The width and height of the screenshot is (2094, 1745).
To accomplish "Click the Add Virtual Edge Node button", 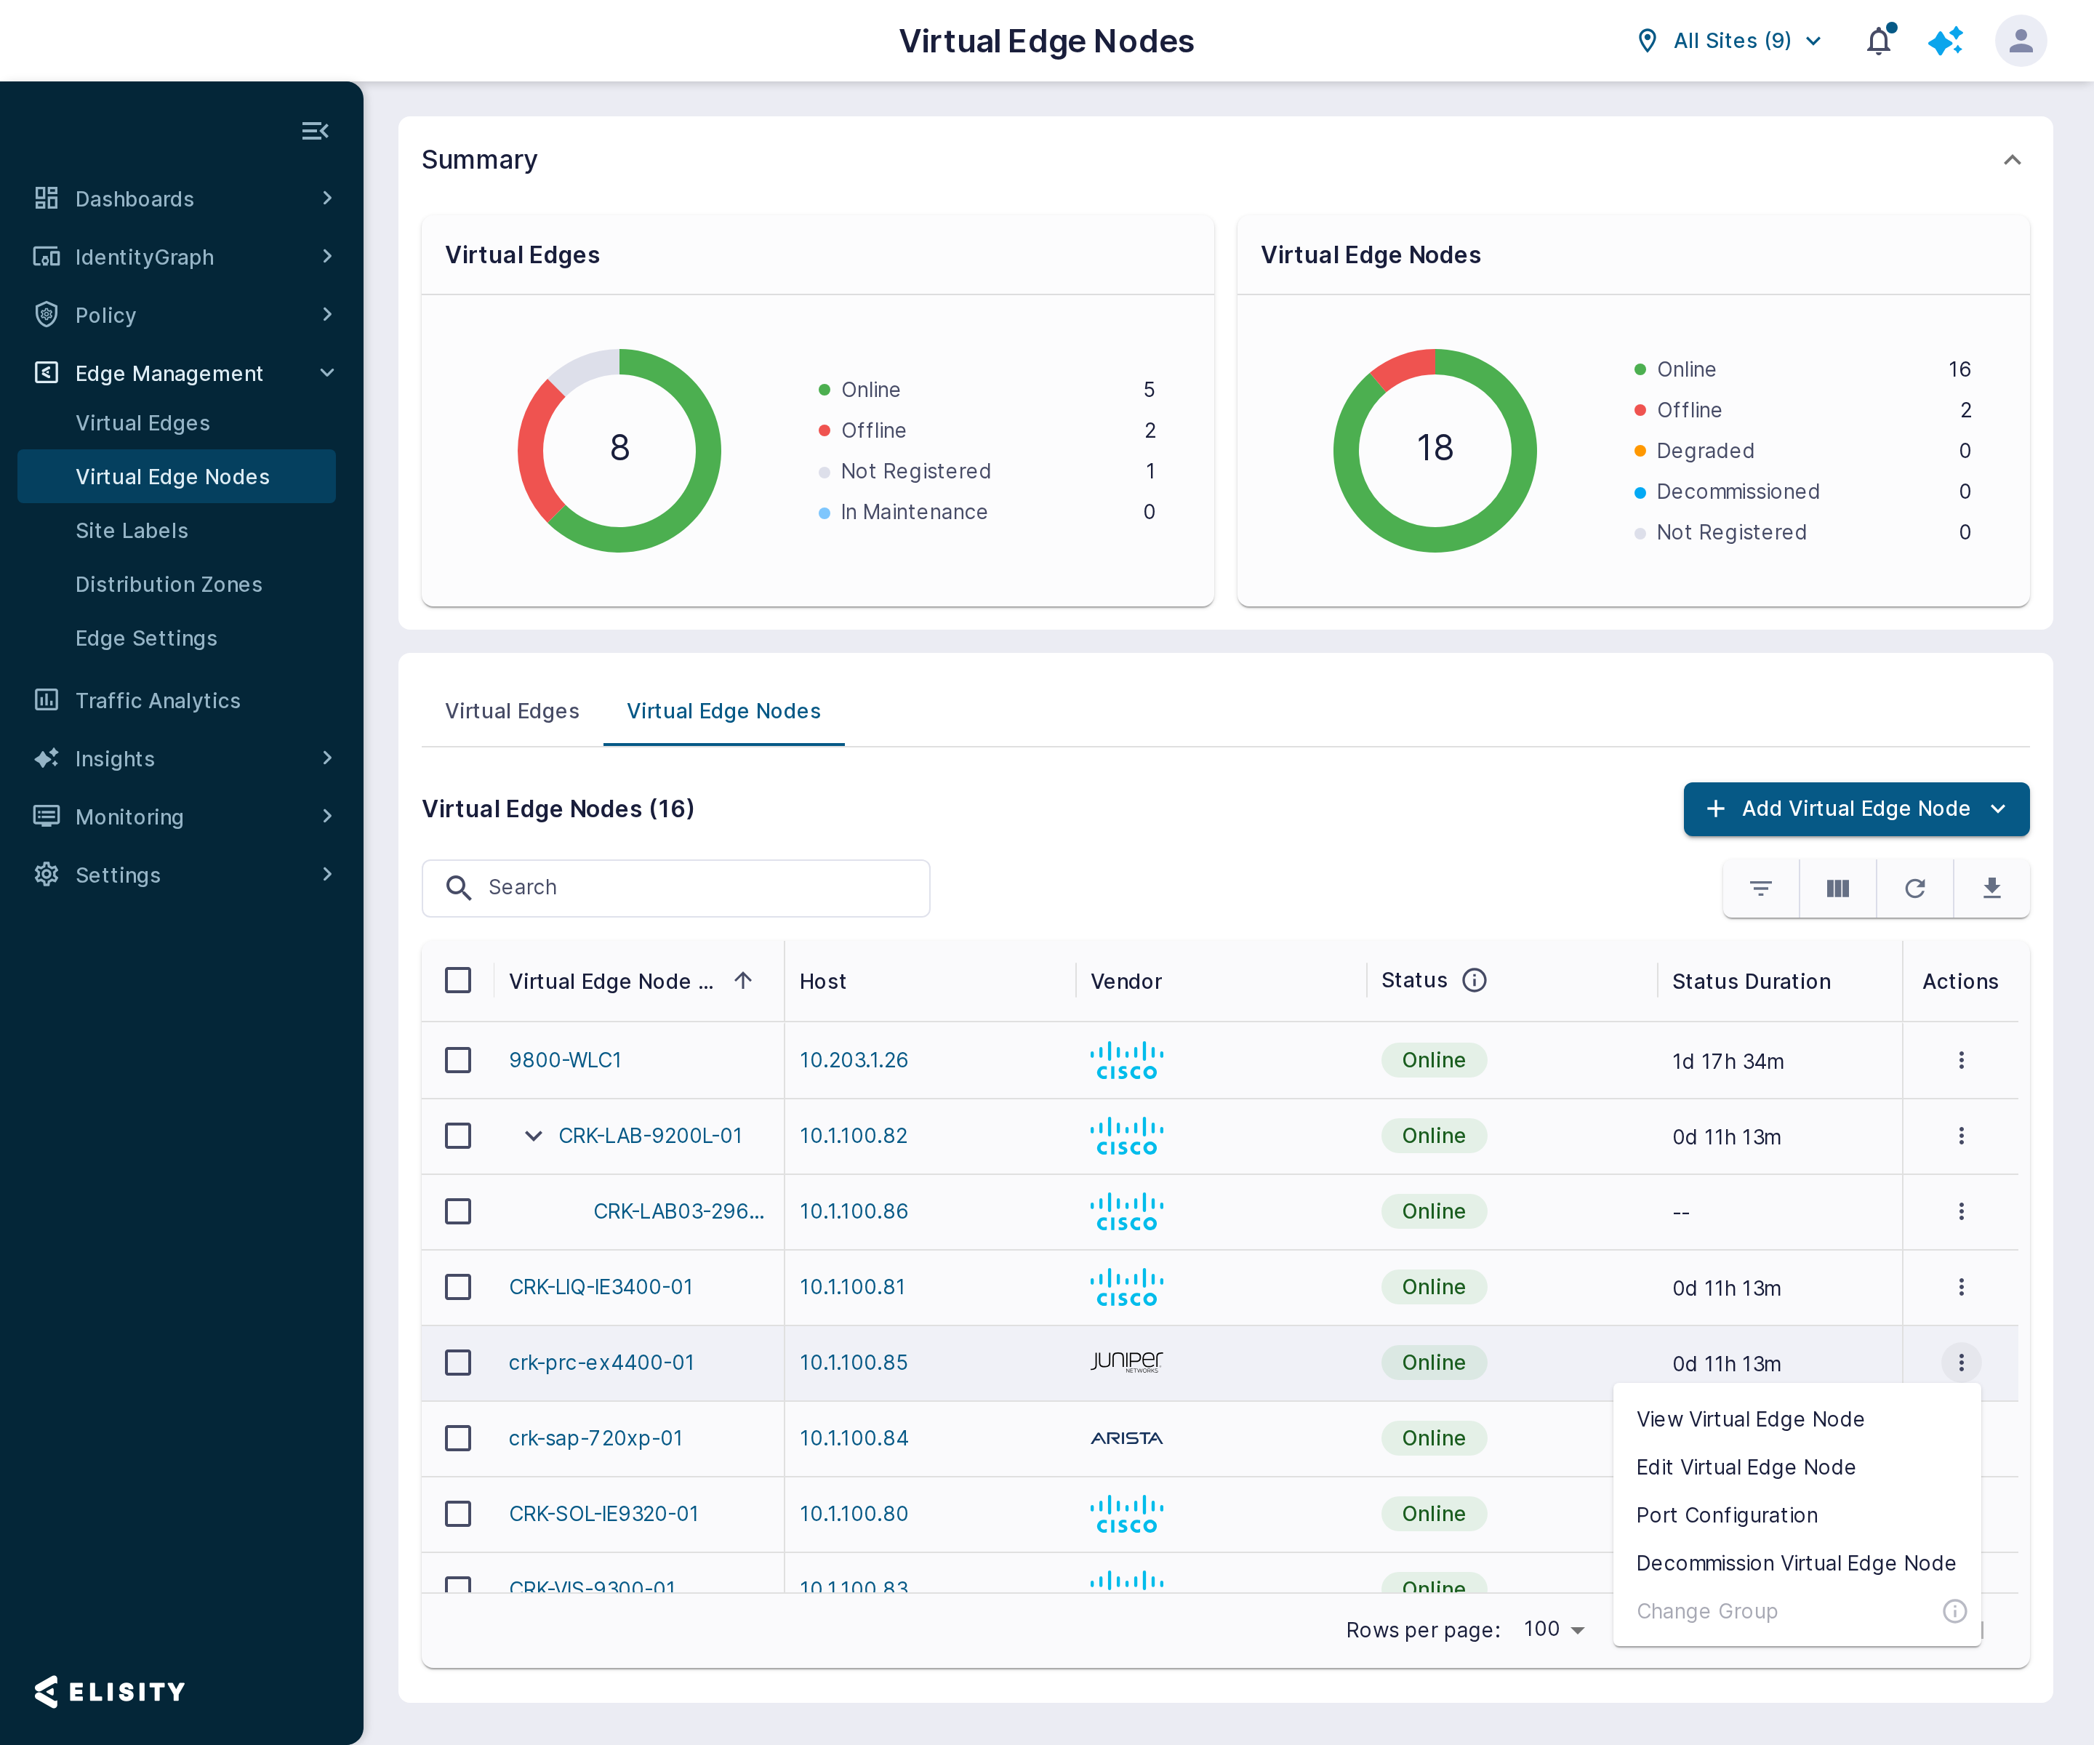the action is [1856, 809].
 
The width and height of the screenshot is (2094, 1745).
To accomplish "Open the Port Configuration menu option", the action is [1727, 1515].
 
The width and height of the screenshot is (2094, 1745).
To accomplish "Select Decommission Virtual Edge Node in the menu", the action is [1796, 1563].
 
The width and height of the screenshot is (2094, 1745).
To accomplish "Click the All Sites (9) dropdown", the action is [1730, 41].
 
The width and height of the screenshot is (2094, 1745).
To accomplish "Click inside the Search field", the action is [676, 888].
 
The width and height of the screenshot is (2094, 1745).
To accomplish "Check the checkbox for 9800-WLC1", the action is [457, 1060].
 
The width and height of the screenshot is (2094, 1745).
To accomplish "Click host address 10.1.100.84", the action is [854, 1438].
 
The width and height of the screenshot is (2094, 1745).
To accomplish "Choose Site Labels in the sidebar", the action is [132, 531].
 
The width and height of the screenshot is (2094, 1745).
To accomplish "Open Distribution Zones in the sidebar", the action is [169, 585].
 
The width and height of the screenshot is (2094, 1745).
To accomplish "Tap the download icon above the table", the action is [1991, 888].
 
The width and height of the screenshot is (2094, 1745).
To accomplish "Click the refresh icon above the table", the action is [1914, 888].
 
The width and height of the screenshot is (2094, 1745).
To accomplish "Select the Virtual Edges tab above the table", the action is [512, 711].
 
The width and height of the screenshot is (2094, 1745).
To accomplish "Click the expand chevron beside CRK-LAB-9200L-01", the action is [534, 1136].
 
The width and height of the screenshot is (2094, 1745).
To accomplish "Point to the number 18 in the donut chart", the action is [1435, 448].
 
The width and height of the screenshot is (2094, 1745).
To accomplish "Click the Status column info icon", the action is [1474, 980].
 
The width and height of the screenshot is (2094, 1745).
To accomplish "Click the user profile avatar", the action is [2021, 41].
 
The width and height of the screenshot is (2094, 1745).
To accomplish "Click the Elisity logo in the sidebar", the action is [110, 1691].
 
